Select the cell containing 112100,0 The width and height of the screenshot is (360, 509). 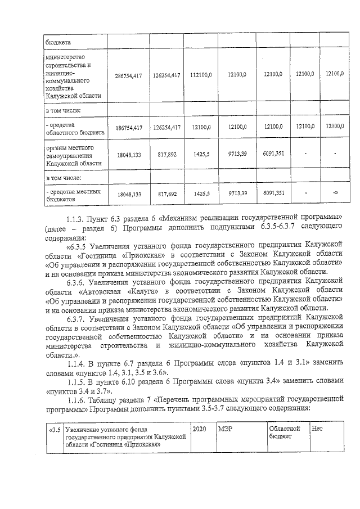point(200,75)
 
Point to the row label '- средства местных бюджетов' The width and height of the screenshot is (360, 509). point(73,195)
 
